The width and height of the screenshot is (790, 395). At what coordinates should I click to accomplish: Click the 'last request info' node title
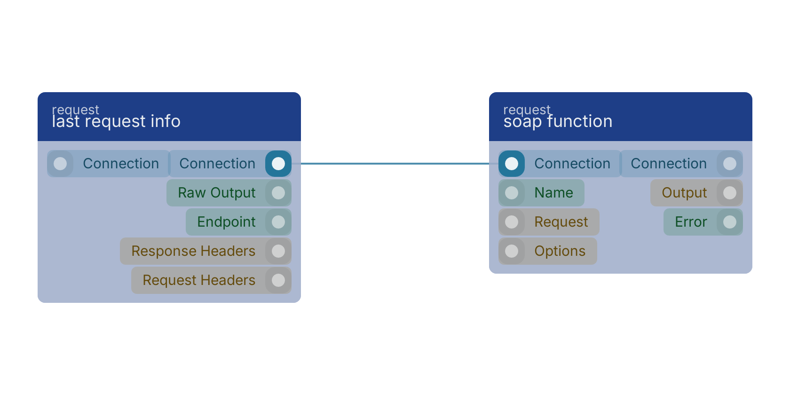click(x=116, y=121)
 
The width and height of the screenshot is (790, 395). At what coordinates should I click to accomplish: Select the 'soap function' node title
click(x=558, y=121)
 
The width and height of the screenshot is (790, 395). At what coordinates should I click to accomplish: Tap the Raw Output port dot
click(x=278, y=193)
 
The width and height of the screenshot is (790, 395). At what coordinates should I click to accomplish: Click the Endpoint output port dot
click(x=278, y=222)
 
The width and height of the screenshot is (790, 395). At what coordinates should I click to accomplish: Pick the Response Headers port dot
click(x=278, y=251)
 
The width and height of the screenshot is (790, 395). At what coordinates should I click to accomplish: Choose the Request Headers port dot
click(x=278, y=280)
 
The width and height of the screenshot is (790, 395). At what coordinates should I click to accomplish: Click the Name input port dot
click(x=512, y=193)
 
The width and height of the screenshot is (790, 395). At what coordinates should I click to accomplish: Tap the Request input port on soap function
click(x=512, y=222)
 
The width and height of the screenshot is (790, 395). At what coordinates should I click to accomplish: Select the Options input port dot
click(x=512, y=251)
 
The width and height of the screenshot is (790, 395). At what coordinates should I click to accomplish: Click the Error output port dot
click(x=730, y=222)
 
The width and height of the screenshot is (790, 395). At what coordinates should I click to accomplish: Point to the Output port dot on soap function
click(x=730, y=193)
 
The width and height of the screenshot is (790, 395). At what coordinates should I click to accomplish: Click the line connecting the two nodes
click(x=395, y=164)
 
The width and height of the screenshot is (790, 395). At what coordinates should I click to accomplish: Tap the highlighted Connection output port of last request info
click(x=278, y=164)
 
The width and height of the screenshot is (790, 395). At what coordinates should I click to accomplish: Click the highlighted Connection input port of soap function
click(x=512, y=164)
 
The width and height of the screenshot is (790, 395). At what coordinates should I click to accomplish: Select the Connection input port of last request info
click(x=60, y=164)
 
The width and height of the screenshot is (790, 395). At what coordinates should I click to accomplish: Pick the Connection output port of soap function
click(x=730, y=164)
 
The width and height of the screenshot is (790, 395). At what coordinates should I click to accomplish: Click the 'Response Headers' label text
click(x=193, y=251)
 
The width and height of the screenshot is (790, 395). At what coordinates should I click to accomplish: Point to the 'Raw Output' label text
click(x=216, y=193)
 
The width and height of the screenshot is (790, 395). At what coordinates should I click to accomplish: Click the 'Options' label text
click(x=560, y=251)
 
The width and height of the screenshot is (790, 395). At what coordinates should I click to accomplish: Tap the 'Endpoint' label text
click(x=226, y=222)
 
